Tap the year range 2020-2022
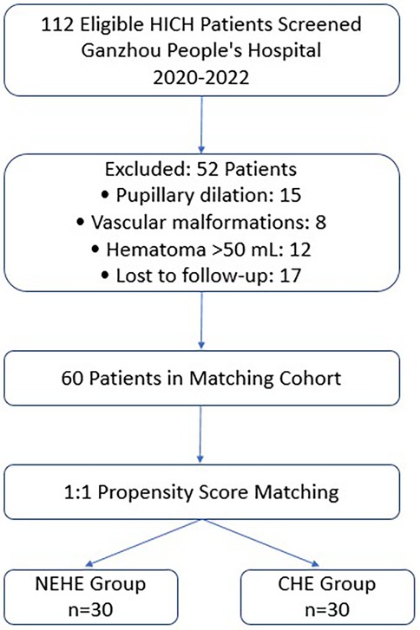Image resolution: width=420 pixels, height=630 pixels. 209,80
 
